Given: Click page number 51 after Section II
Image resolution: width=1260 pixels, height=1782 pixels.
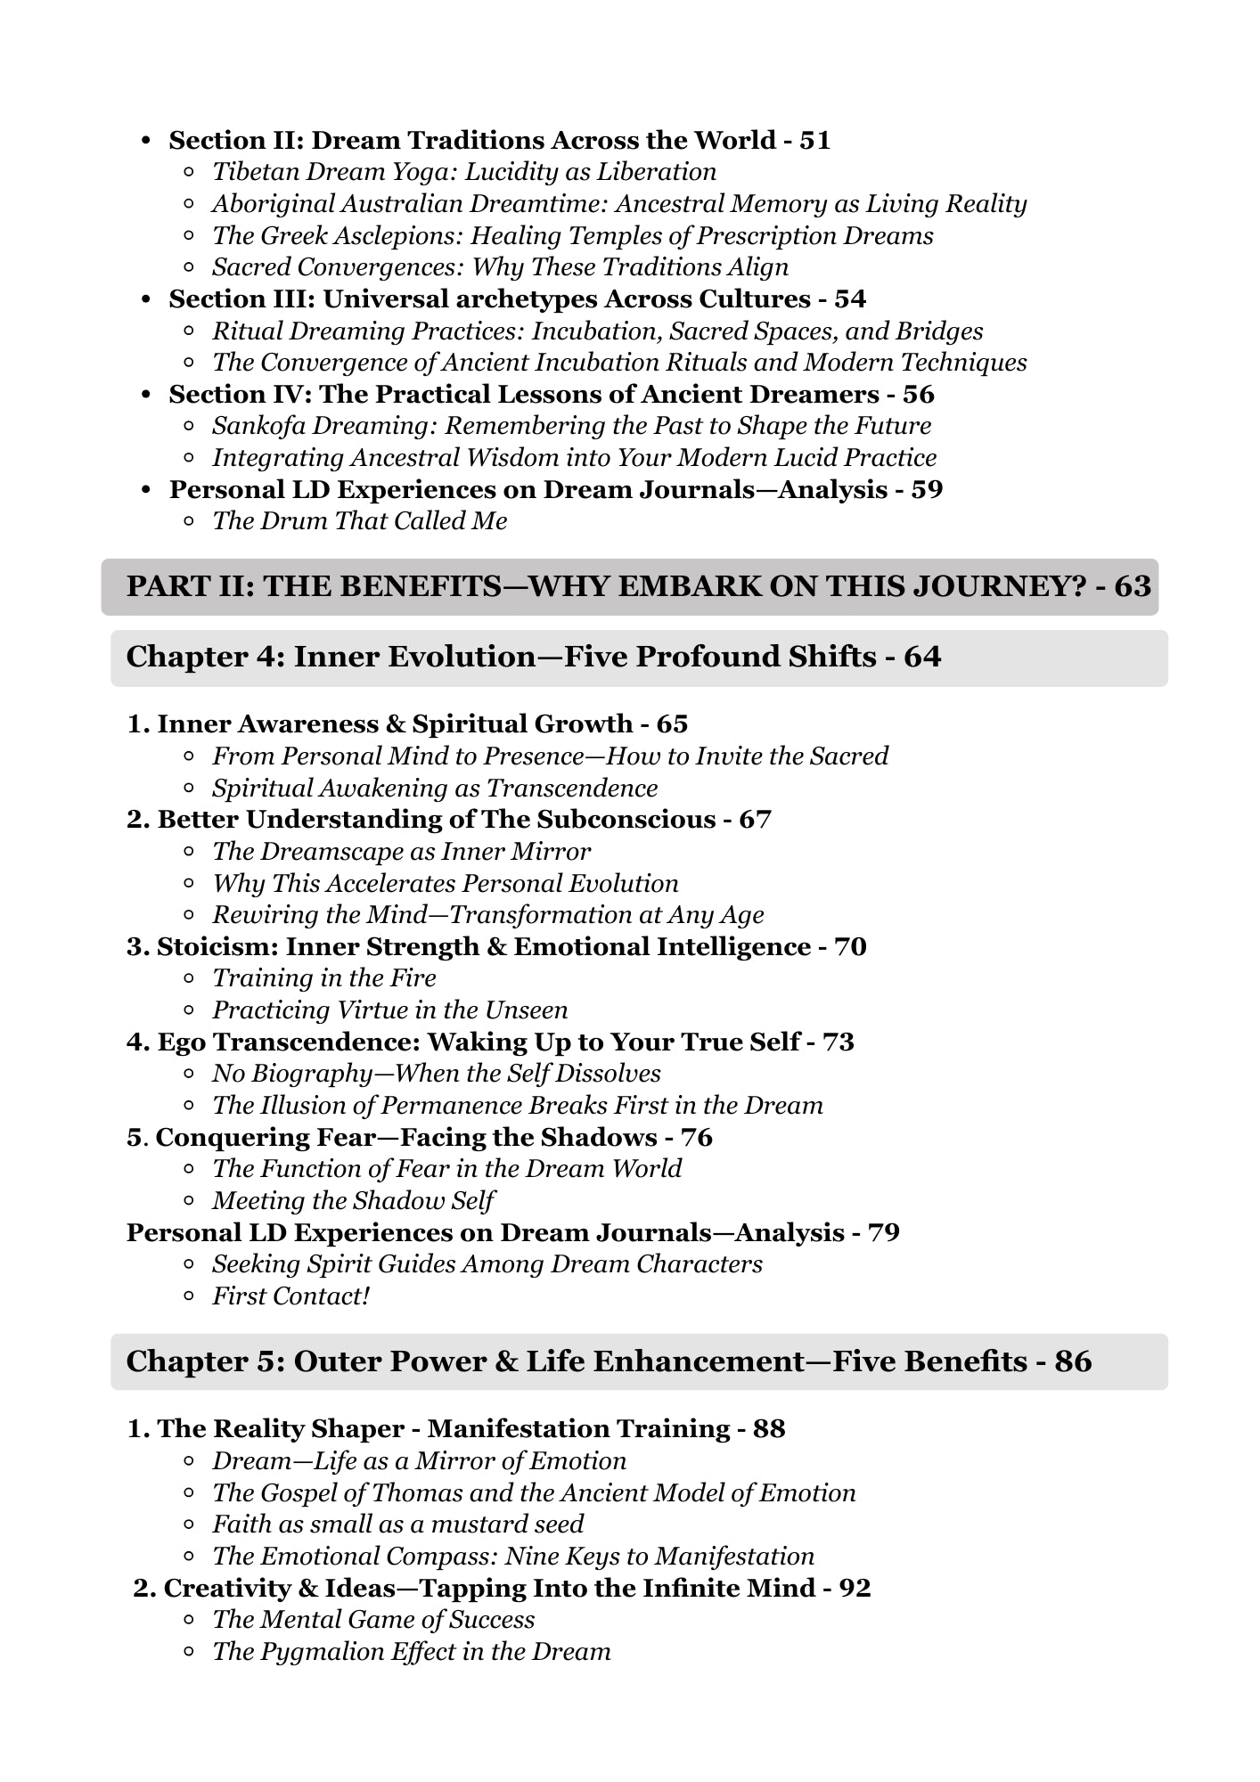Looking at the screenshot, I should pyautogui.click(x=814, y=141).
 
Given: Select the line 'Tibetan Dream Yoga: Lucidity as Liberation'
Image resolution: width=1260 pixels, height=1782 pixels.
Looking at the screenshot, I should pyautogui.click(x=463, y=172).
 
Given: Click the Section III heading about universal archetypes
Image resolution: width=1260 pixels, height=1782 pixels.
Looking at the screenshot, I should pyautogui.click(x=489, y=299).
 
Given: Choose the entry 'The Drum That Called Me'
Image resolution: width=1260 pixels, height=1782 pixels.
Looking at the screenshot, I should pyautogui.click(x=359, y=521).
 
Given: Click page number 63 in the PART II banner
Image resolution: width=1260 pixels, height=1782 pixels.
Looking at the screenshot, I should pyautogui.click(x=1132, y=587).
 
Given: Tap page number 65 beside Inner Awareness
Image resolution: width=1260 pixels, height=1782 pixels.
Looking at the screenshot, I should pyautogui.click(x=672, y=724).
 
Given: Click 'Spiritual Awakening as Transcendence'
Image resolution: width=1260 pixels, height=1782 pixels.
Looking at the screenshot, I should pyautogui.click(x=435, y=789).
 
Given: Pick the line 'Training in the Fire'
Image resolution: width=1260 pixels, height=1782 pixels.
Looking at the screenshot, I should pyautogui.click(x=323, y=978).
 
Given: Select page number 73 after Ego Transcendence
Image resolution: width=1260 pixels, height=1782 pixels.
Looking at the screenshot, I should pyautogui.click(x=838, y=1042).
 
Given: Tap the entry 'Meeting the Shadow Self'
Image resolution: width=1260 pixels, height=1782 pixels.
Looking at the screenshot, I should pyautogui.click(x=353, y=1201).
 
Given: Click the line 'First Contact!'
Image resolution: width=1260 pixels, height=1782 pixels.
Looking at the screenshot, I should pyautogui.click(x=290, y=1296).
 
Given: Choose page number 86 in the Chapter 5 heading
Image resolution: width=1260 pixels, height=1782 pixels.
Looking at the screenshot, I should pyautogui.click(x=1073, y=1362).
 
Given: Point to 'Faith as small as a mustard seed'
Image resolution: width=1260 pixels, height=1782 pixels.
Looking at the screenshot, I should pyautogui.click(x=397, y=1525).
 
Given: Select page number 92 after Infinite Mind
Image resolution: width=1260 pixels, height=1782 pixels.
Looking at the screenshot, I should pyautogui.click(x=855, y=1589).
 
